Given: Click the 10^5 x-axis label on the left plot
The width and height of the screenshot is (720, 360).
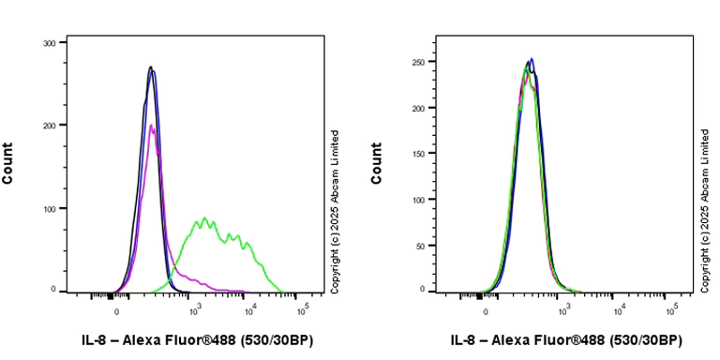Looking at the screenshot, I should tap(303, 308).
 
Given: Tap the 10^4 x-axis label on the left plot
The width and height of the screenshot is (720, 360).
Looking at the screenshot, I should tap(249, 308).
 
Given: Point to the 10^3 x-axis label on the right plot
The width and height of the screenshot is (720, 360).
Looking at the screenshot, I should tap(564, 308).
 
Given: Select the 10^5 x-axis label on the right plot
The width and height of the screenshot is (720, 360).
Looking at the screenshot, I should tap(671, 308).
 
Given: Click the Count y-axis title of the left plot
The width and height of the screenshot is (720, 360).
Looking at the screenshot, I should tap(8, 163).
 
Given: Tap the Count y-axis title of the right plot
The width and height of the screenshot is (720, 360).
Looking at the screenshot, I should tap(377, 163).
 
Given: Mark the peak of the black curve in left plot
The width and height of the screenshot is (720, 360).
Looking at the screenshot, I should tap(150, 67).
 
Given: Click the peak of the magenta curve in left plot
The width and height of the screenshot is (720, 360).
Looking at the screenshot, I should tap(150, 125).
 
